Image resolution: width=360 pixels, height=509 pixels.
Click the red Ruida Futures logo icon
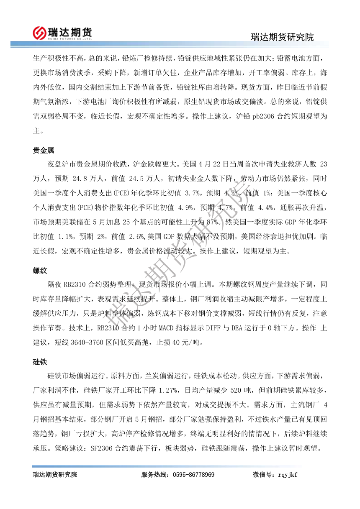(40, 32)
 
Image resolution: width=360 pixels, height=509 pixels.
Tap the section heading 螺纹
(40, 271)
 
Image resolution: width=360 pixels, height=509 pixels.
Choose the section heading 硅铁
(40, 362)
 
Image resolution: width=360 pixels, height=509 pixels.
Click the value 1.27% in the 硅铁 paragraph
(169, 390)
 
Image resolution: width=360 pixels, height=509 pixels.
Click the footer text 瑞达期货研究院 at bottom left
(55, 475)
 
